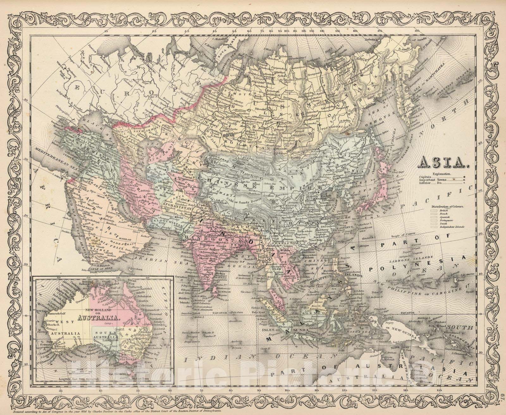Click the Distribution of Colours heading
click(446, 206)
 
